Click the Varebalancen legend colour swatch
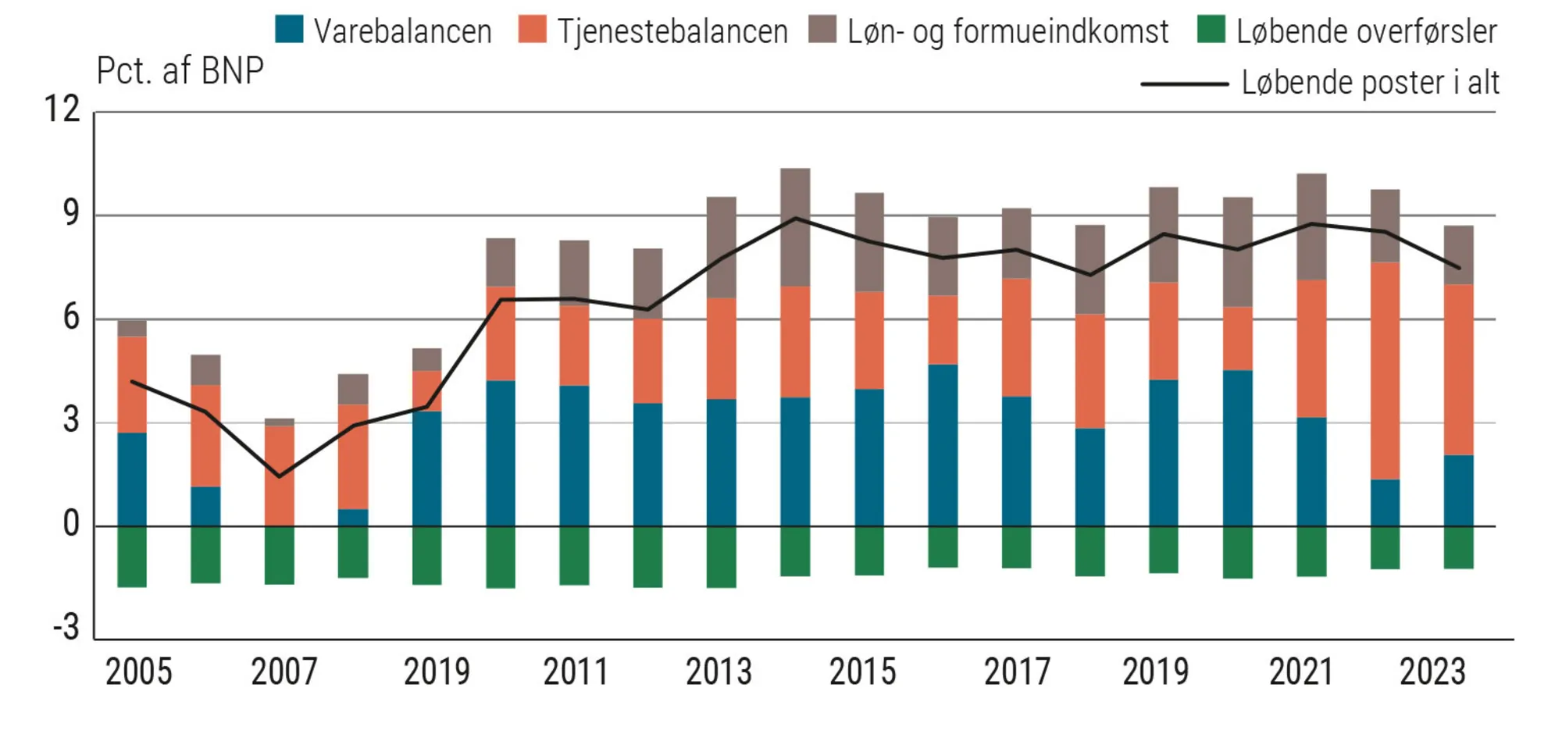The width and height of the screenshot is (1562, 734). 289,29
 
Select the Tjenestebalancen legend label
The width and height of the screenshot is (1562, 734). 672,32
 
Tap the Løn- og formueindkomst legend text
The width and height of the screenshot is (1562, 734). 1007,32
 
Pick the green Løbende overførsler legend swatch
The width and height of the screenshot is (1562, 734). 1211,29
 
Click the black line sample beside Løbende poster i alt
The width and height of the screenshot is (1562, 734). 1184,84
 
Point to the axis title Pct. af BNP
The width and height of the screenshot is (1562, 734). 180,71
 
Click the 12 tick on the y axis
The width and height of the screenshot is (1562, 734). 62,109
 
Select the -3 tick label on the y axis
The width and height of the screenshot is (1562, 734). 66,627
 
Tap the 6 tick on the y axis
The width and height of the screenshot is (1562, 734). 71,318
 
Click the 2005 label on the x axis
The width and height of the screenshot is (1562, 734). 138,672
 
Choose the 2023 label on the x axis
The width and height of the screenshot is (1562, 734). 1432,672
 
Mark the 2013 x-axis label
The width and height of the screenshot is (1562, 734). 719,672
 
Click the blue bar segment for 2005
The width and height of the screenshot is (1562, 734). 132,479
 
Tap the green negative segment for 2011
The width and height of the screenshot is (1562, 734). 574,556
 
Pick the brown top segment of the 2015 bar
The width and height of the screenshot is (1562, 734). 869,242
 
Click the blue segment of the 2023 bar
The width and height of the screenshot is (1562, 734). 1458,490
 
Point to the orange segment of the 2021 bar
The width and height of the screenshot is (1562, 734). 1311,348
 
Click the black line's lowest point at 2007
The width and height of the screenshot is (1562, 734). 280,476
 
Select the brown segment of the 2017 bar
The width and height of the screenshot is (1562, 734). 1016,244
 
